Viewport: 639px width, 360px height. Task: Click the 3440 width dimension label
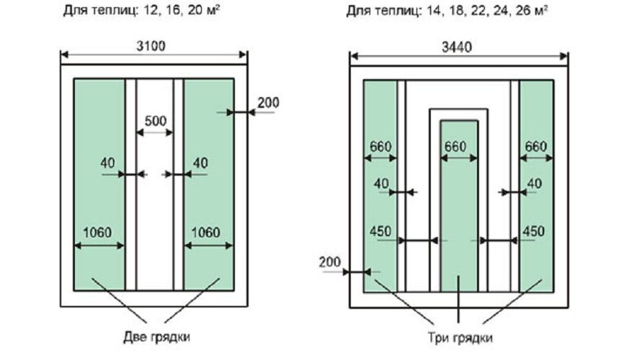coord(459,48)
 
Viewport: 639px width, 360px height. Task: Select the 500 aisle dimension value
coord(155,121)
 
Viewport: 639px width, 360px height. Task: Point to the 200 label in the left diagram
coord(267,103)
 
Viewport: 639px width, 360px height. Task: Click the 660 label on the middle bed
coord(458,146)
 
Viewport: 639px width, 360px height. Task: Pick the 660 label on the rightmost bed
coord(535,146)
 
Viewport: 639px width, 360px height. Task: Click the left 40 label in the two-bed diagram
coord(108,163)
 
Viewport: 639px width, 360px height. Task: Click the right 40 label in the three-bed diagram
coord(534,184)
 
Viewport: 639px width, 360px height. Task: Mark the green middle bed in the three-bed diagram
coord(458,216)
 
